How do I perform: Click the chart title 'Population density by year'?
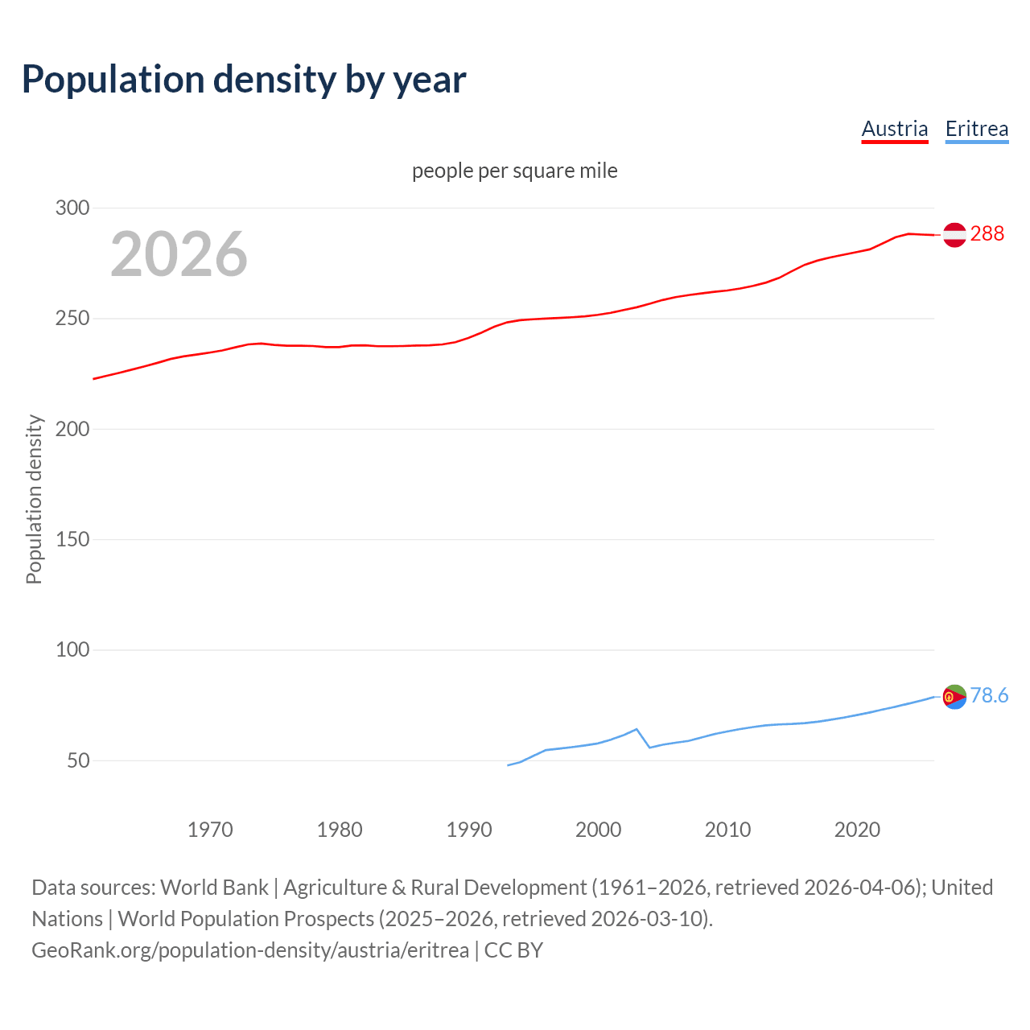(x=244, y=80)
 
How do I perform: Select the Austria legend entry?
(x=894, y=129)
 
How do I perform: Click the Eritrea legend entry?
(x=976, y=129)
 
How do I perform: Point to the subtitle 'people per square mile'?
(x=514, y=171)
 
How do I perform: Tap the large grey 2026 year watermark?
(x=179, y=254)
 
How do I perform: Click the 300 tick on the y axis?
(x=72, y=208)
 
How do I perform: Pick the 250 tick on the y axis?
(x=72, y=319)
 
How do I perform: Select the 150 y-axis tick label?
(x=72, y=539)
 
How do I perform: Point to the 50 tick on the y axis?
(x=78, y=760)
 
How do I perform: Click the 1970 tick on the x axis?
(x=210, y=830)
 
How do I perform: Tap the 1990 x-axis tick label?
(x=469, y=830)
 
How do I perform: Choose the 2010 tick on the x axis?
(x=727, y=830)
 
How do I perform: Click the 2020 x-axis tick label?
(x=857, y=830)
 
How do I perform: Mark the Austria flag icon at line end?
(x=954, y=234)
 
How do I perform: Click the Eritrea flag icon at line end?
(x=954, y=697)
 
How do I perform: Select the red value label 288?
(x=987, y=233)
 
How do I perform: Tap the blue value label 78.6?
(x=989, y=695)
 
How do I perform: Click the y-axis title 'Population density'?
(x=34, y=499)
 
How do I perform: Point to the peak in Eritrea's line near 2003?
(x=637, y=729)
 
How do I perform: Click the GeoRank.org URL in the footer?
(x=250, y=950)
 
